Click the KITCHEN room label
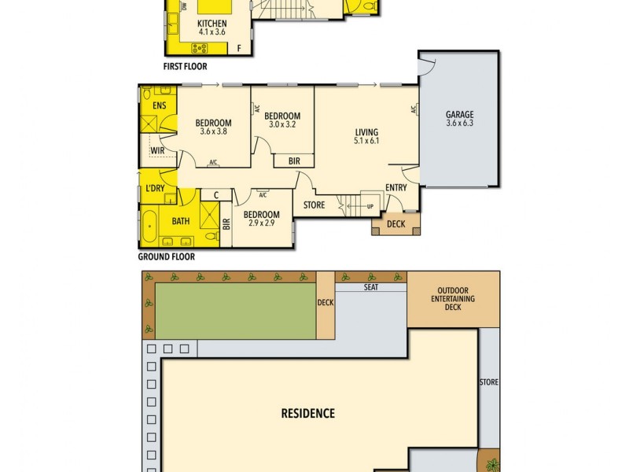click(x=212, y=24)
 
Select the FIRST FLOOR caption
click(x=186, y=67)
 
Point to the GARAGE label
click(x=460, y=115)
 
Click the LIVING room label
click(x=366, y=132)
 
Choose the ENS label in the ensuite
click(x=159, y=105)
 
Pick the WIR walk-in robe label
click(x=156, y=151)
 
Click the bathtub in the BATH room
click(x=148, y=228)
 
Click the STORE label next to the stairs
click(x=314, y=206)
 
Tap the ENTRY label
click(x=396, y=188)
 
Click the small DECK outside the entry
click(x=395, y=224)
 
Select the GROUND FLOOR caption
click(x=167, y=256)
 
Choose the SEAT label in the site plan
click(x=371, y=288)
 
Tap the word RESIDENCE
click(x=308, y=413)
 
